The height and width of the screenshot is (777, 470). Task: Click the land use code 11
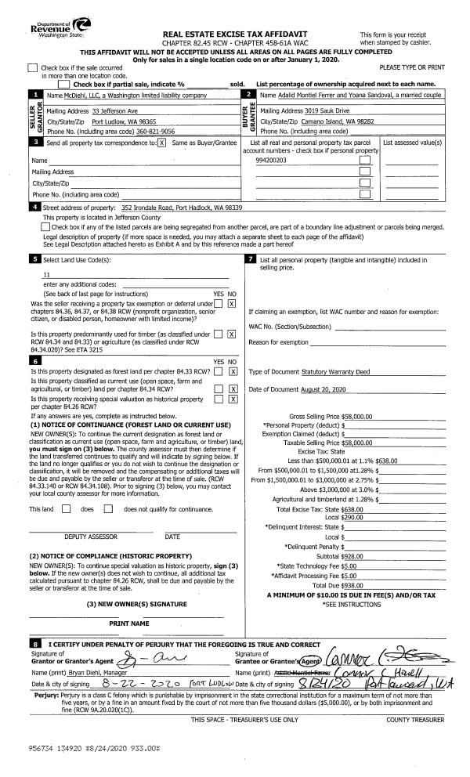pos(46,276)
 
